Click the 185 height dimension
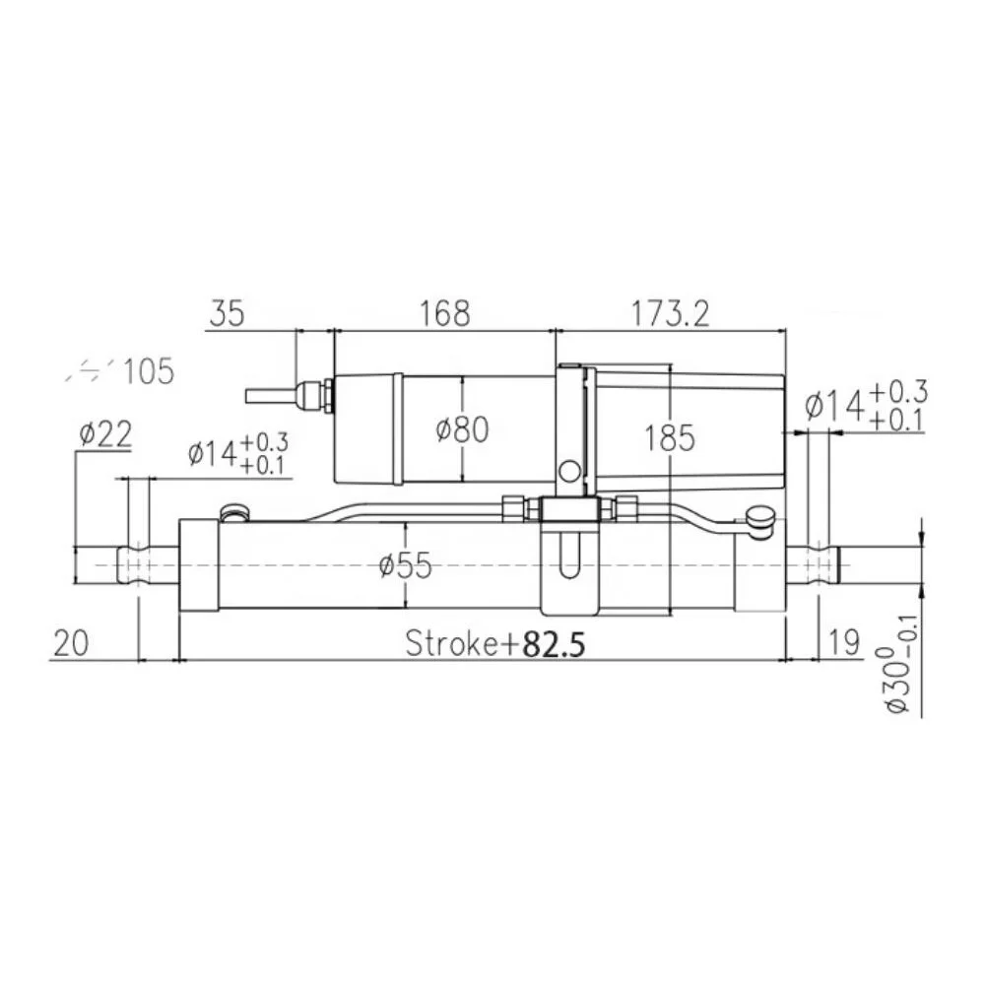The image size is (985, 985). point(670,437)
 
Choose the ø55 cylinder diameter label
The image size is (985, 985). point(406,565)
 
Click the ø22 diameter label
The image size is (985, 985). point(104,434)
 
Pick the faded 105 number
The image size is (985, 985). point(149,372)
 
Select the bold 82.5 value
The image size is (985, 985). point(554,644)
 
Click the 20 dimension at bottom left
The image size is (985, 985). point(71,642)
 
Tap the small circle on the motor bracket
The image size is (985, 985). point(569,471)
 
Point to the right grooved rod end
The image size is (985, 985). point(815,564)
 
